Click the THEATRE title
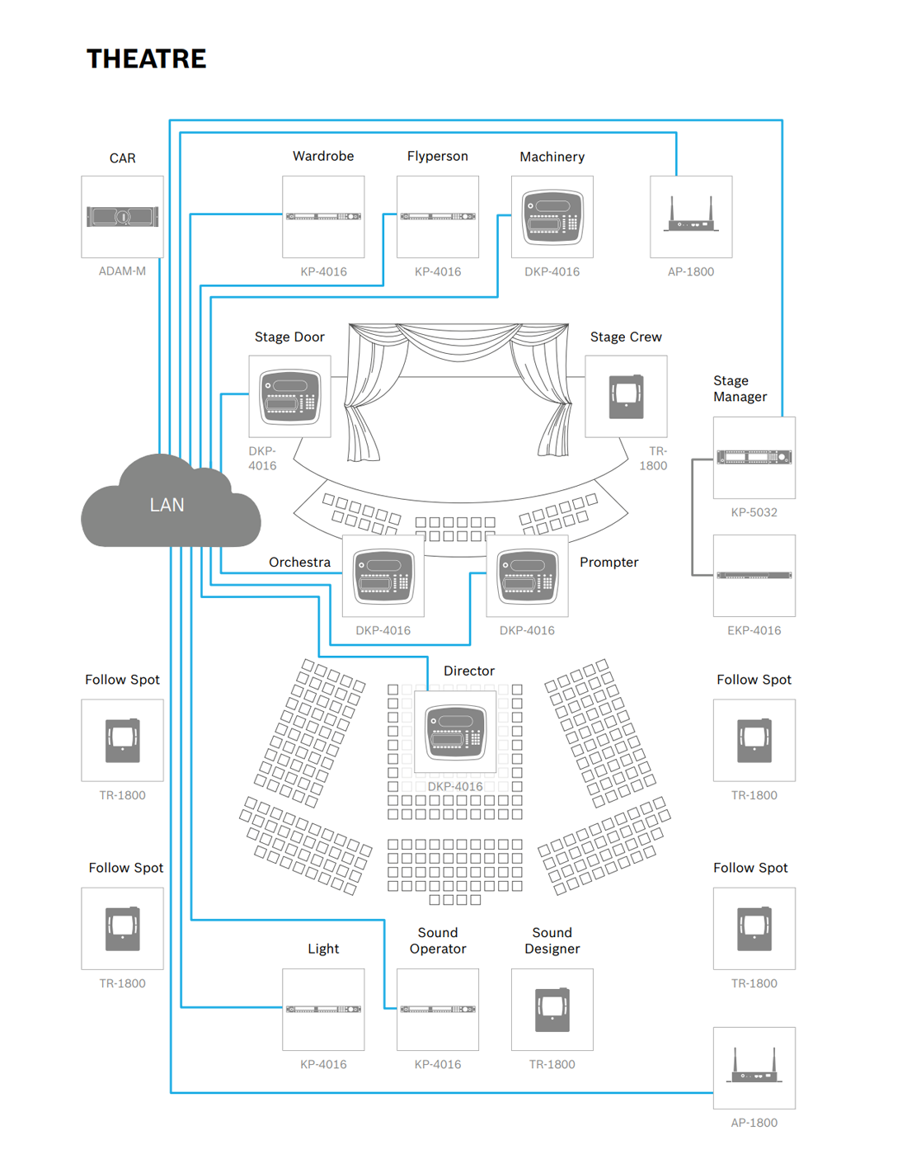(x=146, y=59)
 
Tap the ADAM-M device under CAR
(x=122, y=217)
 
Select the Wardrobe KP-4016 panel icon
(x=323, y=217)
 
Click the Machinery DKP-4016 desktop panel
(x=552, y=217)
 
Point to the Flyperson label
(x=437, y=156)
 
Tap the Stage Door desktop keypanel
(x=289, y=397)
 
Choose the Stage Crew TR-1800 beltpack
(x=626, y=397)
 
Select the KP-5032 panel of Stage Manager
(x=754, y=457)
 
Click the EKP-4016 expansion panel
(x=754, y=576)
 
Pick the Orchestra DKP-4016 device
(x=383, y=576)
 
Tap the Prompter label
(x=609, y=562)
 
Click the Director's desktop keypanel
(x=455, y=732)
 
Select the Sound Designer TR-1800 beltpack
(x=552, y=1009)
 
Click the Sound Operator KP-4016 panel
(x=438, y=1009)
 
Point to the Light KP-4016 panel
(x=323, y=1009)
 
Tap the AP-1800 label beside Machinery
(x=691, y=271)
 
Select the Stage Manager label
(x=740, y=389)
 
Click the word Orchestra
(x=299, y=562)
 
